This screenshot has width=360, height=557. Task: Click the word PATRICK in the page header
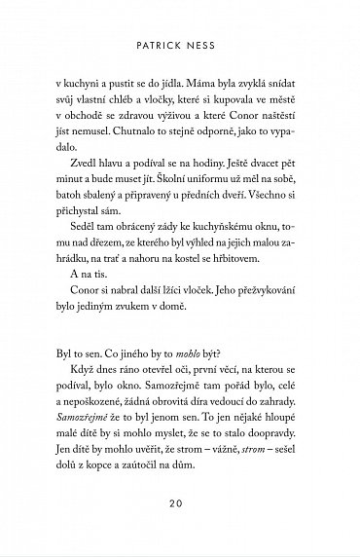click(162, 45)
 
